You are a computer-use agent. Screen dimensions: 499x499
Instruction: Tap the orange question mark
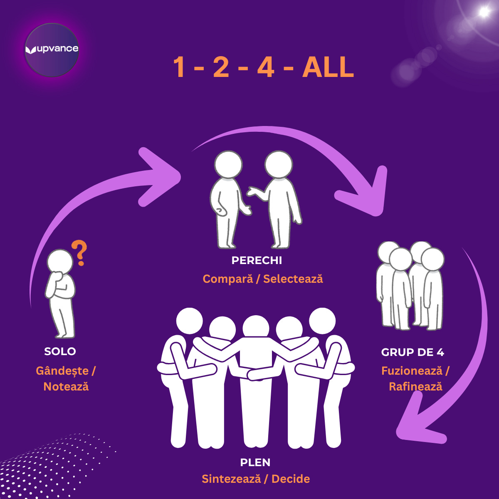coord(79,252)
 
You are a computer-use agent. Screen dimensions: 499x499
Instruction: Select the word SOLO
coord(60,351)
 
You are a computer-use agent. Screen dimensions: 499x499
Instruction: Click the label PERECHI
coord(257,260)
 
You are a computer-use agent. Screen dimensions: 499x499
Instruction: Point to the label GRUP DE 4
coord(413,352)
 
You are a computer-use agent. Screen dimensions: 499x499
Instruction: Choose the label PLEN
coord(255,462)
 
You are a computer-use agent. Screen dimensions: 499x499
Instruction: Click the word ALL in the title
coord(328,67)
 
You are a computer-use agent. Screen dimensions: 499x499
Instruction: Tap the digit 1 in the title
coord(179,67)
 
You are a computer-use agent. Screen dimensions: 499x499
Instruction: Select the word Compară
coord(227,279)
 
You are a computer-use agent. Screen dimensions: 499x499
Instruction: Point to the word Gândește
coord(62,371)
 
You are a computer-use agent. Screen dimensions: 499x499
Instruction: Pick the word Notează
coord(66,386)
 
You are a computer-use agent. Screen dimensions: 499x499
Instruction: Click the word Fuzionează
coord(412,371)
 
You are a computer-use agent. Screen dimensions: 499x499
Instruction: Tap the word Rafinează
coord(415,386)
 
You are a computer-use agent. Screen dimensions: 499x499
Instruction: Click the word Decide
coord(291,479)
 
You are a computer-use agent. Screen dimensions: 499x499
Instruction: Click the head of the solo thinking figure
coord(60,262)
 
